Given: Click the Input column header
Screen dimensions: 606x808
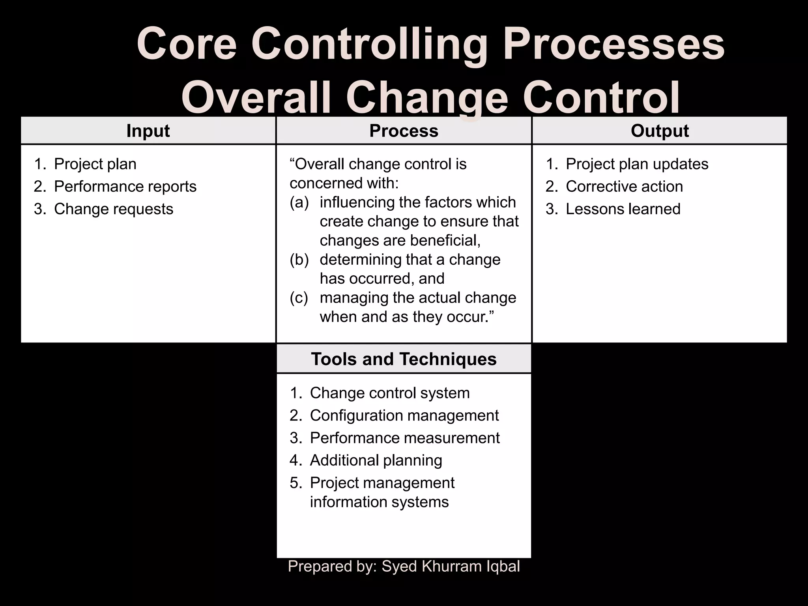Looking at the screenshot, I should point(148,131).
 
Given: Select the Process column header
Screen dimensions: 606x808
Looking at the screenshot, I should point(404,131).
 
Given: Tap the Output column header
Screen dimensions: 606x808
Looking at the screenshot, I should point(660,131).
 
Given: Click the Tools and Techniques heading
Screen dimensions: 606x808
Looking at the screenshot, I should point(404,359).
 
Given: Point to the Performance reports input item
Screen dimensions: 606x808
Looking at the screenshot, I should point(125,187).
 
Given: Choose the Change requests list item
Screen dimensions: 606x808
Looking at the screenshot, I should point(114,209).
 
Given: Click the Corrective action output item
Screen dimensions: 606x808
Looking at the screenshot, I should point(624,187).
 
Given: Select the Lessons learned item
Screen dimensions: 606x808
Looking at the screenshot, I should point(623,209).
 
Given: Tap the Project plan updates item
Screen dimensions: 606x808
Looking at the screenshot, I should point(637,164).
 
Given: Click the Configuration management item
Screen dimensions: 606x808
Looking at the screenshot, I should point(404,415).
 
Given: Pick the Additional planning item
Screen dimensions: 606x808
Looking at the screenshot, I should point(376,460).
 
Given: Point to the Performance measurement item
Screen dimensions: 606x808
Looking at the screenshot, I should point(405,438).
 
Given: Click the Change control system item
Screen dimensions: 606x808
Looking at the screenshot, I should point(390,393).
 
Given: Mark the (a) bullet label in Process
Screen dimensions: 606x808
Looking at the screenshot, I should point(299,202).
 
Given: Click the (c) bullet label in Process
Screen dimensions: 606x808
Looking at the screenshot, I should point(299,298).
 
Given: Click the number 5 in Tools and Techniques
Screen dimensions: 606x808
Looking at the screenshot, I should point(295,483).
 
